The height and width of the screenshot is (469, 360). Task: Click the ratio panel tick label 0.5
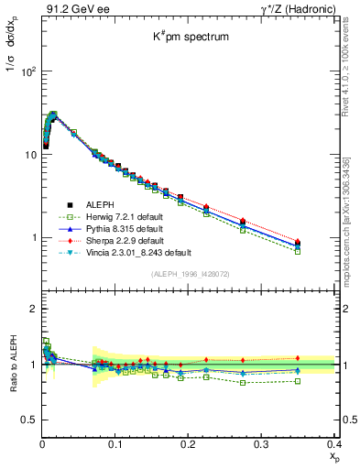[x=27, y=420]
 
